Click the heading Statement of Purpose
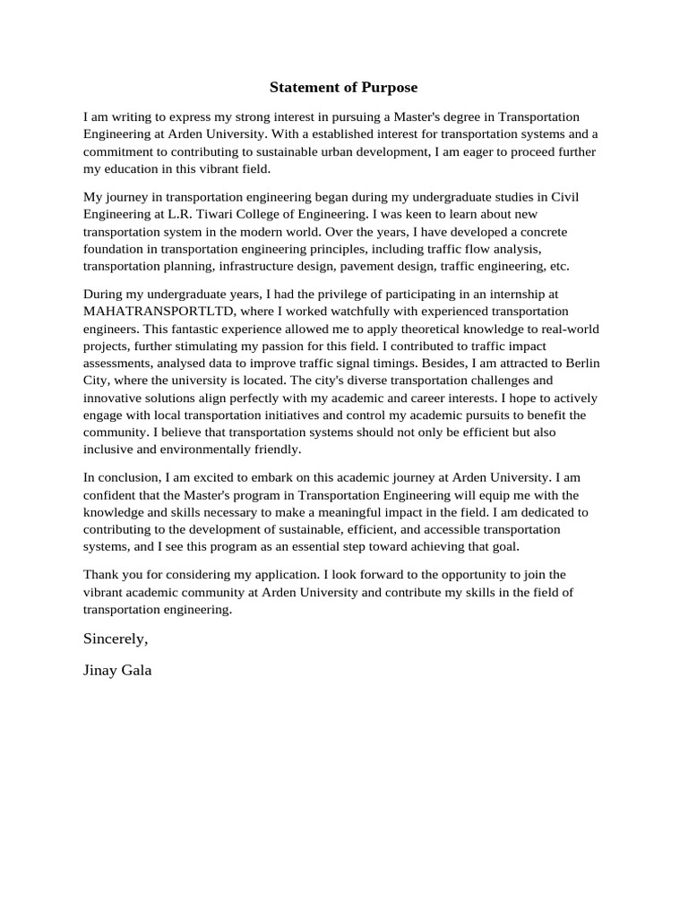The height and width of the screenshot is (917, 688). tap(344, 88)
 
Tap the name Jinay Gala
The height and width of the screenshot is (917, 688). tap(117, 670)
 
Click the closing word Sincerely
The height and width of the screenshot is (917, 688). tap(115, 638)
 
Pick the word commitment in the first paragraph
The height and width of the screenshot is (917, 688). tap(120, 151)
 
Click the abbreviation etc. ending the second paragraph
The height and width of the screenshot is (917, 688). tap(559, 266)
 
